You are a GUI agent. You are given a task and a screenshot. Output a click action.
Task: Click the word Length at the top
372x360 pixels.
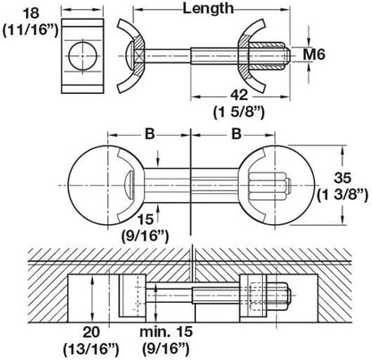[209, 11]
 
